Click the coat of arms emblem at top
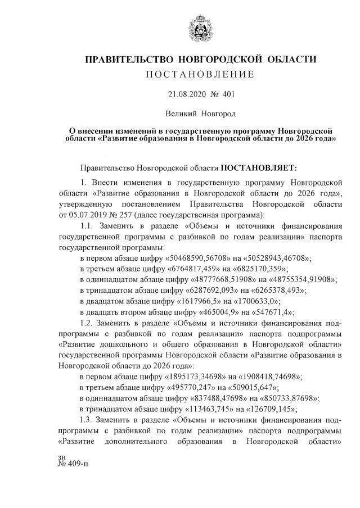(x=201, y=28)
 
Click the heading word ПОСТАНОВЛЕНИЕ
(x=201, y=75)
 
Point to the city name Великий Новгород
(x=200, y=114)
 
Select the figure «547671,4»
(x=271, y=312)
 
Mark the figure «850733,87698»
(x=288, y=398)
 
